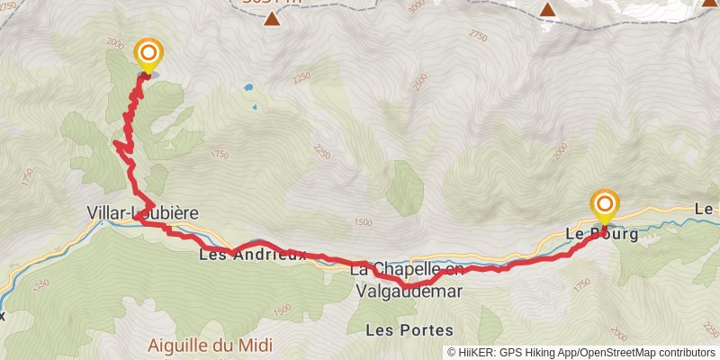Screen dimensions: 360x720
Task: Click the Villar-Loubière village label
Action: tap(142, 213)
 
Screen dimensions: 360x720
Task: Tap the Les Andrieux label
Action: tap(253, 255)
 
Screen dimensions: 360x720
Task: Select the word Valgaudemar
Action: tap(409, 291)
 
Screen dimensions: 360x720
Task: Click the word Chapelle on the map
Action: tap(404, 269)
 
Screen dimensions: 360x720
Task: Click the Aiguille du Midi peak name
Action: tap(211, 346)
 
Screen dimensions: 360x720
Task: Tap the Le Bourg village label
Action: tap(601, 234)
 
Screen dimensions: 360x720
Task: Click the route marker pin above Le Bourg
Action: tap(603, 206)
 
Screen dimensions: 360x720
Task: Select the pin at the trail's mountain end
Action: tap(147, 55)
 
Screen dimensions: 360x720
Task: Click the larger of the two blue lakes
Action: tap(247, 89)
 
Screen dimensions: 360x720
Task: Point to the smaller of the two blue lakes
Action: tap(255, 108)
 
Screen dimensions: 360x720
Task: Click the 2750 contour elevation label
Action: tap(477, 36)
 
